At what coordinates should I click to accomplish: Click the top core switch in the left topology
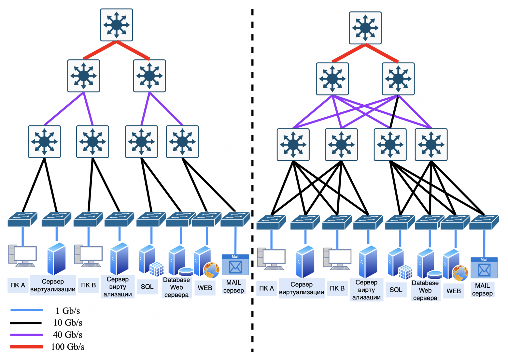pos(117,25)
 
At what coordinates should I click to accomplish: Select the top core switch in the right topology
pos(365,28)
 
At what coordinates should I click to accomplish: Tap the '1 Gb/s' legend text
pos(68,311)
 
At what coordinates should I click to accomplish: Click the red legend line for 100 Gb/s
pos(26,347)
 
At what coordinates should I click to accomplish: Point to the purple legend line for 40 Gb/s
pos(26,335)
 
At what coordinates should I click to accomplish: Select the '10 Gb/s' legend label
pos(68,323)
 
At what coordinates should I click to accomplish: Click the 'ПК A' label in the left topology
pos(18,285)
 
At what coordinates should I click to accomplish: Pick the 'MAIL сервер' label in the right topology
pos(482,290)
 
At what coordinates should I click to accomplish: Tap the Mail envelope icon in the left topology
pos(235,267)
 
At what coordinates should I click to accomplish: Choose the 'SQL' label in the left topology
pos(147,287)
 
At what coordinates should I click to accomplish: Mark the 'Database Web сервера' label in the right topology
pos(425,290)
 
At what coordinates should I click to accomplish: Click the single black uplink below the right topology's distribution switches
pos(394,112)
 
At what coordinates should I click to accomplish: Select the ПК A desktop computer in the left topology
pos(22,256)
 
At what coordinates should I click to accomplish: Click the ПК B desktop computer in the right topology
pos(337,259)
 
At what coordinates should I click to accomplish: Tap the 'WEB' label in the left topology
pos(205,288)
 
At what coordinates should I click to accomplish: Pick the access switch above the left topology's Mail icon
pos(235,219)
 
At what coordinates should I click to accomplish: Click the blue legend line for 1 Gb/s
pos(26,310)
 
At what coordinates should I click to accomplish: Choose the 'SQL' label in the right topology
pos(396,290)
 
